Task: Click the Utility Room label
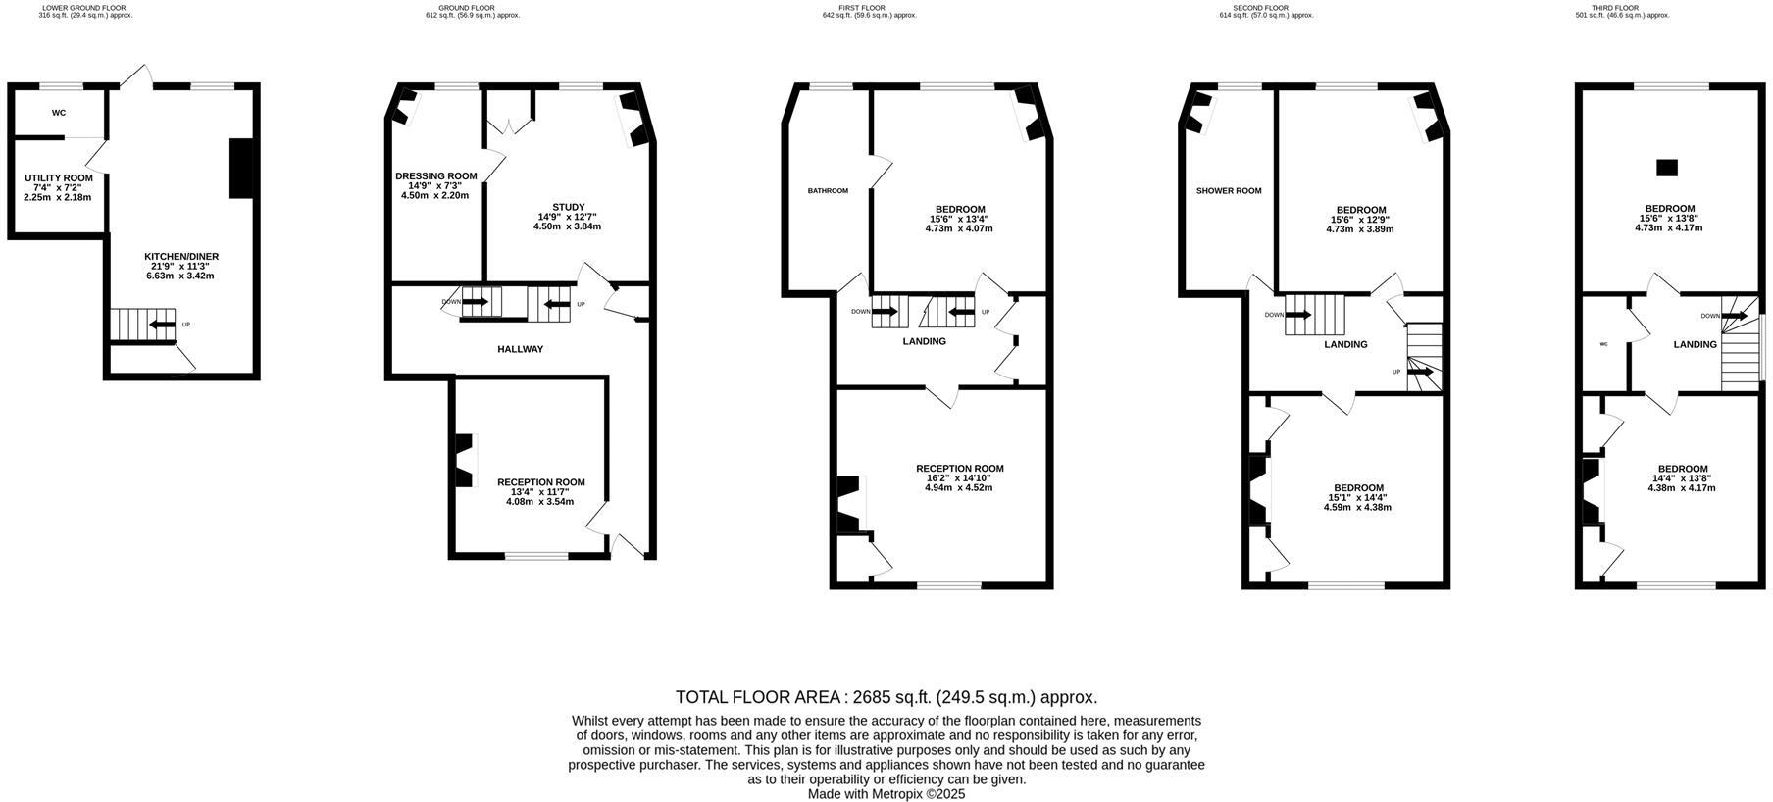59,178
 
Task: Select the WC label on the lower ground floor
59,113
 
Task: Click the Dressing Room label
435,176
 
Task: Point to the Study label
568,207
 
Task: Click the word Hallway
520,349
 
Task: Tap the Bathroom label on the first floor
828,191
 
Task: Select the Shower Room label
1229,191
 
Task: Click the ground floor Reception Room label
540,482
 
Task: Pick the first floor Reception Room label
959,469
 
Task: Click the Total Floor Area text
886,697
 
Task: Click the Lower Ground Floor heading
84,8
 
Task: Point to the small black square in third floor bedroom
1666,168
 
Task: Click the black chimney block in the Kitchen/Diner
241,170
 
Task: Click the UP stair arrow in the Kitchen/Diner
162,325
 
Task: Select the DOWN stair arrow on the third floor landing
1734,316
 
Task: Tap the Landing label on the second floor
1345,345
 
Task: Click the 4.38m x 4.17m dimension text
1682,488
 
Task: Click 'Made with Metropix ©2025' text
886,794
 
